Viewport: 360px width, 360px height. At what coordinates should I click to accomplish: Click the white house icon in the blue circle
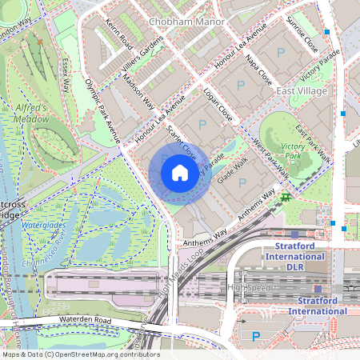[x=180, y=173]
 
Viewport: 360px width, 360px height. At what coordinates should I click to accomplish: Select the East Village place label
[x=303, y=92]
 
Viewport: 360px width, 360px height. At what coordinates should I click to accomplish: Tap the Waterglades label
[x=42, y=226]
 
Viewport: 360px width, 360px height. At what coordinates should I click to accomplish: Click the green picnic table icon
[x=285, y=197]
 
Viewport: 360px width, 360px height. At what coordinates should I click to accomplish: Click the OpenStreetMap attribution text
[x=80, y=354]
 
